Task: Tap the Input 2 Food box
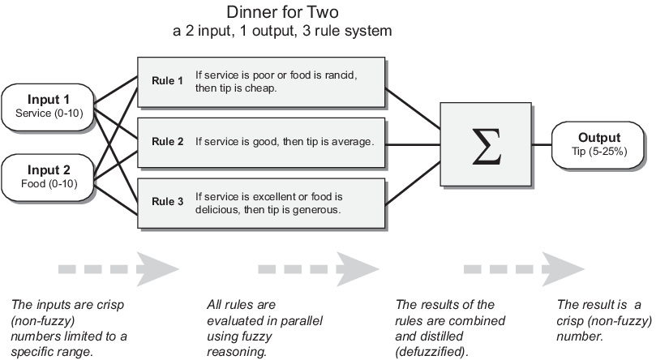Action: tap(49, 176)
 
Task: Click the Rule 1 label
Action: tap(168, 81)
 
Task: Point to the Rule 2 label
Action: tap(168, 142)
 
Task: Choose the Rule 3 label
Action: tap(168, 203)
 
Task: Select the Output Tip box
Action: tap(598, 144)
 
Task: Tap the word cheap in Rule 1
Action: tap(259, 88)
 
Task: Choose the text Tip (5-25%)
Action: tap(599, 152)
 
